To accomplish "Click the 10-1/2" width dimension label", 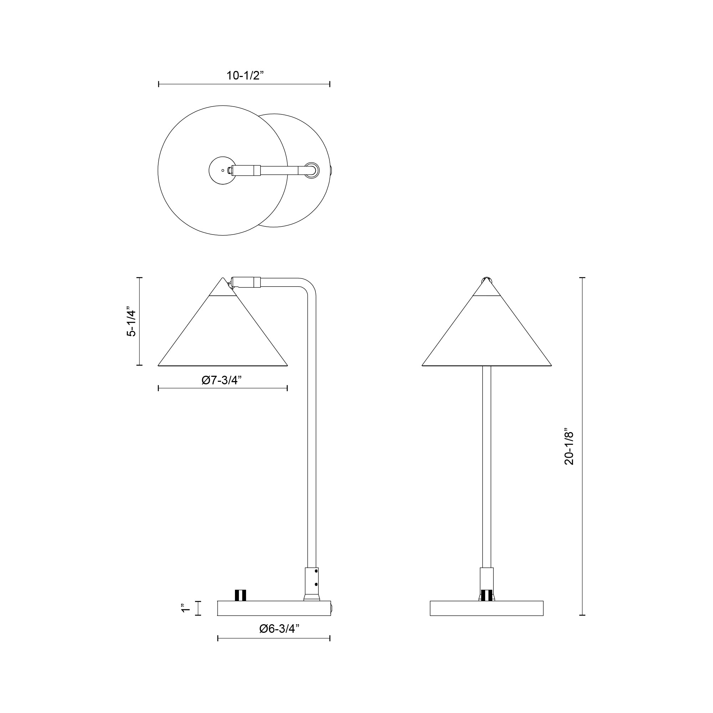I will click(x=245, y=76).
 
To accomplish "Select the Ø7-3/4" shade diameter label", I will click(x=221, y=380).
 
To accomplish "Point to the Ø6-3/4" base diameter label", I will click(x=279, y=629).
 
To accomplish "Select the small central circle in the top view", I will click(x=222, y=170).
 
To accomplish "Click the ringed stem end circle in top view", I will click(x=312, y=170).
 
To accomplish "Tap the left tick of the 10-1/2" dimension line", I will click(x=159, y=84).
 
